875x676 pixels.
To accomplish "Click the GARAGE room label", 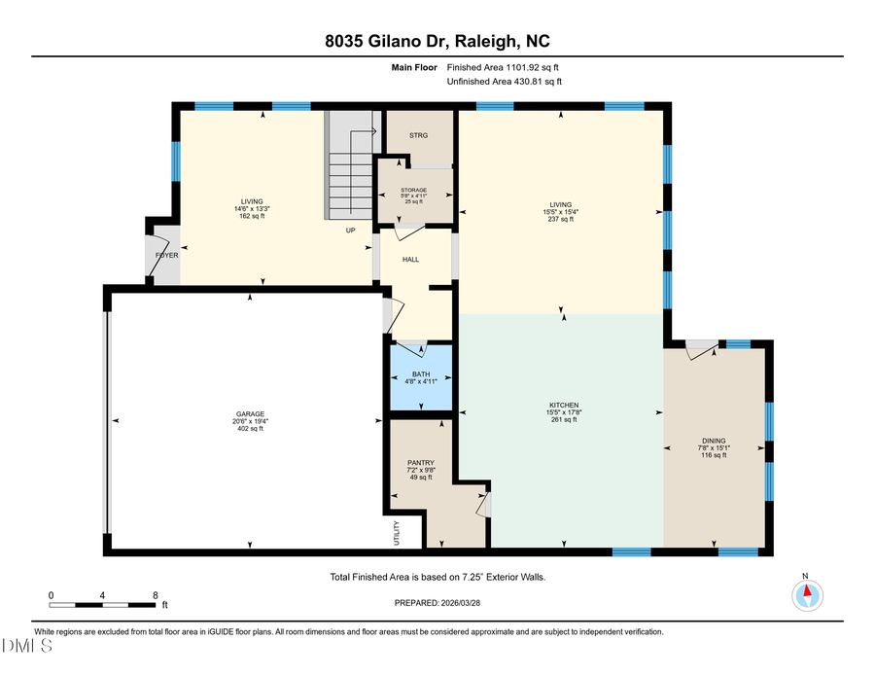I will point(251,413).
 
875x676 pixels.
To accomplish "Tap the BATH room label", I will point(420,374).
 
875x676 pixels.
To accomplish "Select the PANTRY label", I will point(420,463).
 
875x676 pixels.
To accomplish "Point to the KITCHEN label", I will point(563,405).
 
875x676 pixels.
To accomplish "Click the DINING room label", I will point(714,441).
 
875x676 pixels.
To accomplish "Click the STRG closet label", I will point(418,135).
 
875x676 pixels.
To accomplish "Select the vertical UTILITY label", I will point(384,534).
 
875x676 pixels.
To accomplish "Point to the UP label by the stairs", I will point(350,231).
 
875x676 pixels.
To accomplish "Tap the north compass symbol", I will point(806,592).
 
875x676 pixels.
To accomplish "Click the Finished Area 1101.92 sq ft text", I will point(503,67).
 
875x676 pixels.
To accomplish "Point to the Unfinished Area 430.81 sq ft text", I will point(504,82).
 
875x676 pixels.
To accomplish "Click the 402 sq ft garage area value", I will point(251,429).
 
